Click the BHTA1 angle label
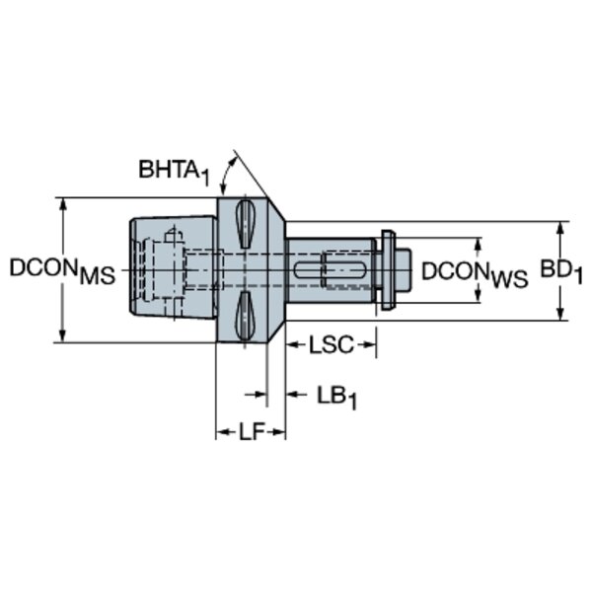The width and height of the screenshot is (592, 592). (x=174, y=172)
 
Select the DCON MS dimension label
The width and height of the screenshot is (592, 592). (x=62, y=271)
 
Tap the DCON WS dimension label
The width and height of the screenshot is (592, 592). (x=475, y=274)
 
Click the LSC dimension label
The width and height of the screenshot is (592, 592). (x=332, y=344)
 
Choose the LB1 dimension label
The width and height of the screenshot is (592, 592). (x=336, y=398)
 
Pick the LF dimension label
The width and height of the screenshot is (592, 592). (x=252, y=431)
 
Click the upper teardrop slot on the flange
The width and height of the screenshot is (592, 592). (x=245, y=224)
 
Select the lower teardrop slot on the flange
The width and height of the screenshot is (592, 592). (x=245, y=316)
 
